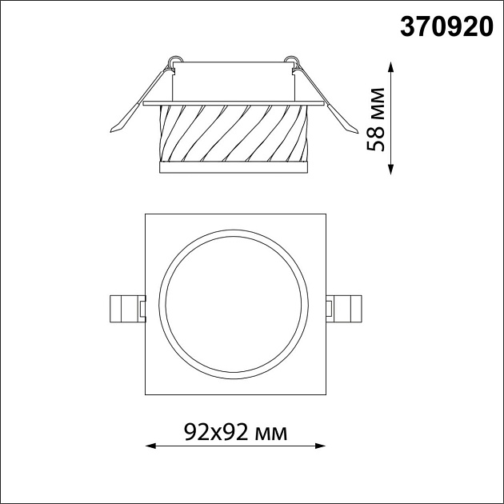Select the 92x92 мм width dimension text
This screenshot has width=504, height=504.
[x=234, y=433]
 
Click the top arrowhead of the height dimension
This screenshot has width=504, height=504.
[x=390, y=65]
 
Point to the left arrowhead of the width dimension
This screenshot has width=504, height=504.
[x=150, y=446]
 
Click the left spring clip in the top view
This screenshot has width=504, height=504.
[x=126, y=306]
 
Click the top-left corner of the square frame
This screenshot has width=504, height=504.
[x=145, y=214]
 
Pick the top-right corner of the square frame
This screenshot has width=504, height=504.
[x=325, y=214]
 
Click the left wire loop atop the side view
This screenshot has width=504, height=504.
[x=174, y=61]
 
